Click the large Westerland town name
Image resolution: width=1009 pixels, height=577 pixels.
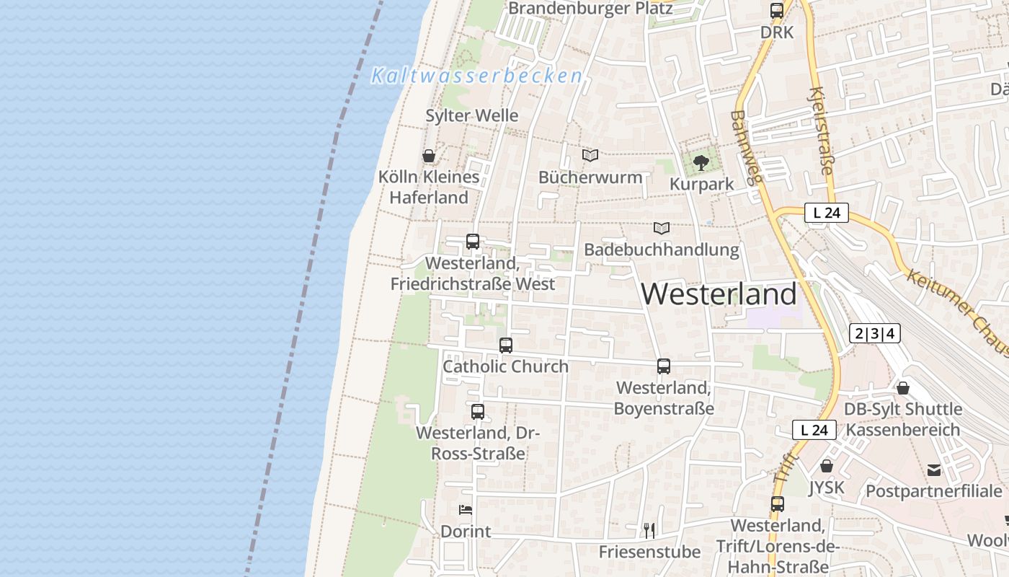(x=719, y=294)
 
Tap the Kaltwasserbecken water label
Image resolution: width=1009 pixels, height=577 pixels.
(x=476, y=76)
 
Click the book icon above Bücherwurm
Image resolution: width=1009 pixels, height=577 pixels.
(x=590, y=155)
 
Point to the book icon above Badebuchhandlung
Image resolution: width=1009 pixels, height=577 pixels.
(x=662, y=228)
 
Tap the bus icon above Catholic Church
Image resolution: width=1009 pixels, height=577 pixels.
(x=506, y=345)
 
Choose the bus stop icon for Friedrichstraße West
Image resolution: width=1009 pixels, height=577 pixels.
(x=473, y=242)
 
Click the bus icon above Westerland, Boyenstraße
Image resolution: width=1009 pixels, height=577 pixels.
(x=664, y=366)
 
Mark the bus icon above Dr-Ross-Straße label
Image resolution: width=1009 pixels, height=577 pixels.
(x=478, y=412)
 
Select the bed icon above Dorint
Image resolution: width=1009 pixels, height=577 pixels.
(x=466, y=510)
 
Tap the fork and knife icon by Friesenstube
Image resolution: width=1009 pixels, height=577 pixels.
(x=649, y=531)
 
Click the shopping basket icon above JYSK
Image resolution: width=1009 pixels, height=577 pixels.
(x=827, y=466)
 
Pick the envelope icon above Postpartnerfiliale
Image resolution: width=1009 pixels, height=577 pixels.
(x=934, y=470)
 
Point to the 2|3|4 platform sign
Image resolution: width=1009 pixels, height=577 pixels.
(x=875, y=333)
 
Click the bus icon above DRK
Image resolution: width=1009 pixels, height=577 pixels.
(x=777, y=11)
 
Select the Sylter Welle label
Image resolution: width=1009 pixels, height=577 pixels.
(x=472, y=115)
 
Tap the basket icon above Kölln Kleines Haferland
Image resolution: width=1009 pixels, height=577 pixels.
(x=429, y=156)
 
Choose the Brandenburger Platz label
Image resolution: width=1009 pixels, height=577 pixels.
(x=590, y=9)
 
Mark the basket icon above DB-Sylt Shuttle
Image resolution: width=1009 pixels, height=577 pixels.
(x=903, y=388)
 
